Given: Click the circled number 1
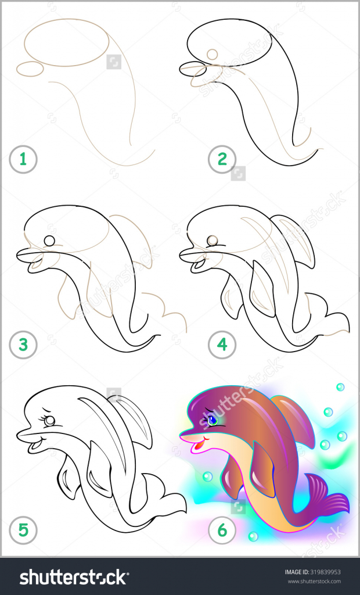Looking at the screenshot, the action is click(x=23, y=159).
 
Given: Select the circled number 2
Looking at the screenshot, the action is click(x=222, y=159).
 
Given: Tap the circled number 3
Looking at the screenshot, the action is click(x=23, y=345).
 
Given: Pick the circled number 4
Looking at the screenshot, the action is click(x=222, y=345).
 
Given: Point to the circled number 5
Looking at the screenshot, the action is click(x=23, y=530).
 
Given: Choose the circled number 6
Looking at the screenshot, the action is click(x=222, y=530).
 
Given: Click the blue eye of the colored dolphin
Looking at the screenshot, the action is click(x=212, y=420).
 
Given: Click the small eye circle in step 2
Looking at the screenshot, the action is click(x=213, y=54).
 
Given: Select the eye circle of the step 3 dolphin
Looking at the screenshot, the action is click(x=49, y=241).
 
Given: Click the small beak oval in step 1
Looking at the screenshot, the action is click(x=30, y=69).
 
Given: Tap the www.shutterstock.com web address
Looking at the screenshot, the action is click(x=314, y=581).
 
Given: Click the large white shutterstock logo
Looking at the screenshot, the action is click(x=73, y=577).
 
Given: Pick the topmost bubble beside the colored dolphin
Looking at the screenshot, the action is click(x=340, y=387).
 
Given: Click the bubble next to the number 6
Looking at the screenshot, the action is click(x=253, y=536).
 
